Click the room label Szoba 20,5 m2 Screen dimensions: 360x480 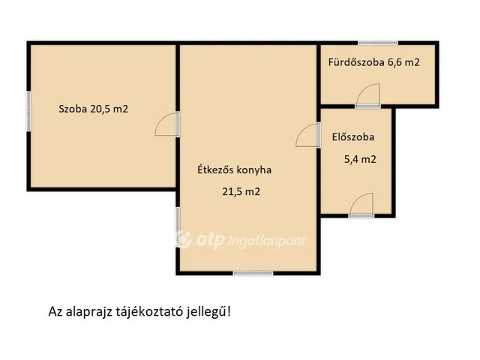click(94, 109)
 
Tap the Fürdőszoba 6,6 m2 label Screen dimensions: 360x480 click(373, 62)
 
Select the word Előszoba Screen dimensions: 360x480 click(352, 137)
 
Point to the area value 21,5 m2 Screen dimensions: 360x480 click(241, 192)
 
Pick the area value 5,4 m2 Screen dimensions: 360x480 click(358, 159)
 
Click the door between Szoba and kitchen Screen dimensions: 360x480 click(167, 124)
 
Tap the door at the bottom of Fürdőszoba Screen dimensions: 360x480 click(368, 96)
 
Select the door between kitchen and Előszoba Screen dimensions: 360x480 click(307, 136)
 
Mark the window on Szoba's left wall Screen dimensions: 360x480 click(28, 112)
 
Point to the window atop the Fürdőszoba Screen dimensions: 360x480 click(378, 43)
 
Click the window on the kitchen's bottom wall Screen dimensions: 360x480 click(253, 272)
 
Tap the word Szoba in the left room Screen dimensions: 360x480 click(73, 109)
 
